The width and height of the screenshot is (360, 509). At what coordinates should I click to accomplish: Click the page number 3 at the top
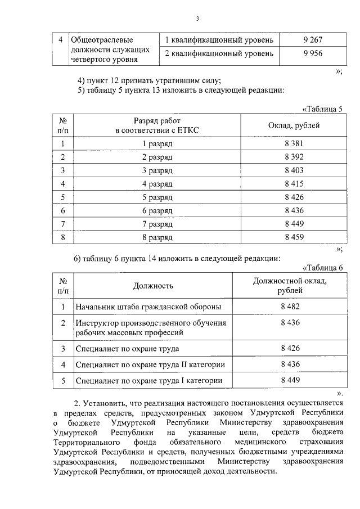click(x=198, y=19)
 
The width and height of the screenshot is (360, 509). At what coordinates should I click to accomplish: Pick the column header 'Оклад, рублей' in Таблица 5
click(x=294, y=125)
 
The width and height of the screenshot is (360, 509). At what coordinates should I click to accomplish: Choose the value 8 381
click(x=294, y=144)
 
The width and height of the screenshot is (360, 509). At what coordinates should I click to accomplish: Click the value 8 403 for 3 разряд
click(x=294, y=170)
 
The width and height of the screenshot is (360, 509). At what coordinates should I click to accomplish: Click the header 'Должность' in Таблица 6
click(x=153, y=286)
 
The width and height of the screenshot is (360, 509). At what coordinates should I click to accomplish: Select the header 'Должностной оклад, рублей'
click(x=290, y=286)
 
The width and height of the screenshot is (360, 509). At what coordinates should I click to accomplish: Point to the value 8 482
click(x=290, y=307)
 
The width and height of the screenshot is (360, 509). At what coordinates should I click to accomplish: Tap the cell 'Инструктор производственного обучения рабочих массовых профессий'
click(x=151, y=327)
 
